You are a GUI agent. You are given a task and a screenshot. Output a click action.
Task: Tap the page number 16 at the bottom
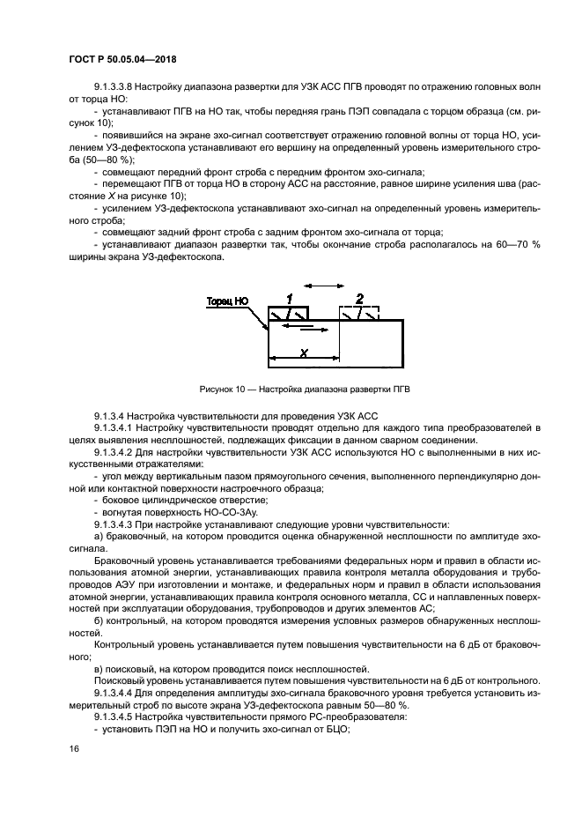[74, 749]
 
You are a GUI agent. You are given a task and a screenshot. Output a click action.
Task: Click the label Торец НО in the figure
[228, 301]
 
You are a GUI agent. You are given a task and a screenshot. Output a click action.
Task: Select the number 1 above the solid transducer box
[288, 298]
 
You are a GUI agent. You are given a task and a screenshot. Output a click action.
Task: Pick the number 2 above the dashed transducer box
[358, 298]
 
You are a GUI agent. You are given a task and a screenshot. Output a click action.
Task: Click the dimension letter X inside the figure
[302, 352]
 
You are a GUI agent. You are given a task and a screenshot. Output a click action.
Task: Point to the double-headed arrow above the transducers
[322, 286]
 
